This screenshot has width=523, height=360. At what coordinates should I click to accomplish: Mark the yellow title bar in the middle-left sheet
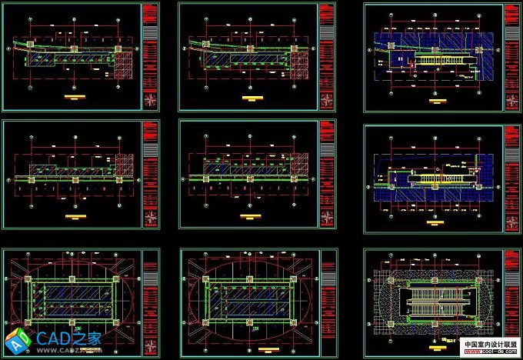pyautogui.click(x=75, y=218)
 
